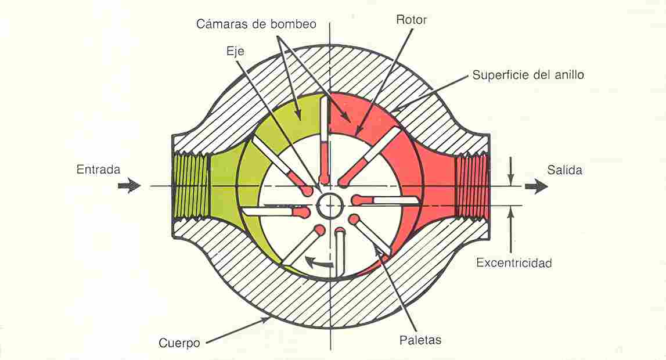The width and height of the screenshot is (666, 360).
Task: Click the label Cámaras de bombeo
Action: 256,24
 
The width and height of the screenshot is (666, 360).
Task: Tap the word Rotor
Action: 411,20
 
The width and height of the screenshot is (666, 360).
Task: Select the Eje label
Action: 235,52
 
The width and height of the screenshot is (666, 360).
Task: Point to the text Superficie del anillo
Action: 528,75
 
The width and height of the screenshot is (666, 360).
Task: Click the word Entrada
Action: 98,170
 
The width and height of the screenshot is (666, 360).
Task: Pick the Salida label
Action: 564,170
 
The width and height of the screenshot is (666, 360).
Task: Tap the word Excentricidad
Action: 514,263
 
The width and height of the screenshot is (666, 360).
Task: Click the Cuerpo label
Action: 179,343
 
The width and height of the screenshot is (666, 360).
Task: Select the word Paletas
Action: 420,340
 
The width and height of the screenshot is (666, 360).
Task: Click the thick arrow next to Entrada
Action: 129,186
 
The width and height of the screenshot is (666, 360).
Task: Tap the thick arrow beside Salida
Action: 536,186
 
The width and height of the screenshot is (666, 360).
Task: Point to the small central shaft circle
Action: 330,206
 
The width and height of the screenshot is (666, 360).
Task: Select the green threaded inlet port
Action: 190,186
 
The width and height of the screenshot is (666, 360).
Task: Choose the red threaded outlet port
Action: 471,186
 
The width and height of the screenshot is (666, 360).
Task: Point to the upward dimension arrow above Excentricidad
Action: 512,229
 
